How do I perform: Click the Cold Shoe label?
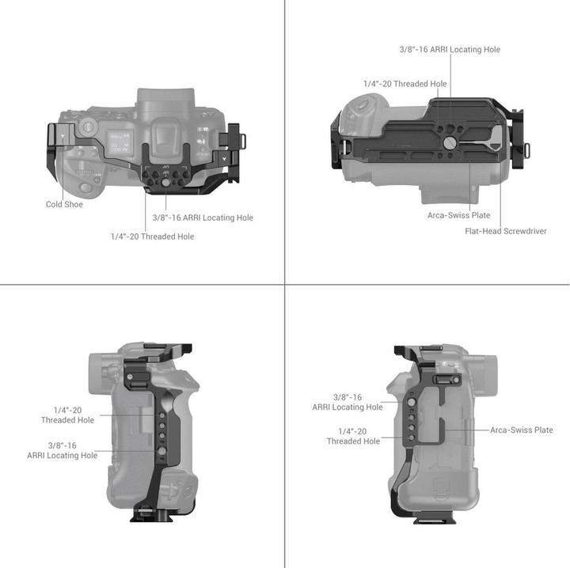64,204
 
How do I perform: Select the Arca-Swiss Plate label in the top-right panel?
459,215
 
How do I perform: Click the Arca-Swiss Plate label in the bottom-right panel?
521,430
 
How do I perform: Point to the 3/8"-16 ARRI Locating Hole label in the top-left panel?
203,218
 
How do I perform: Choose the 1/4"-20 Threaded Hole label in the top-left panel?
152,236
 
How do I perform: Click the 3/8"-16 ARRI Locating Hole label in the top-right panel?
450,49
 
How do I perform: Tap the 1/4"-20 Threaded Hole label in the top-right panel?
405,84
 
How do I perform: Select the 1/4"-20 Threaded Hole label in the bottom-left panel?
67,415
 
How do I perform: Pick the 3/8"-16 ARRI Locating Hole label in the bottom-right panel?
348,402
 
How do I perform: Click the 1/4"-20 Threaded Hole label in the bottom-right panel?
353,436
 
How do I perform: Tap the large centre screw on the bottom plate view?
450,143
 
